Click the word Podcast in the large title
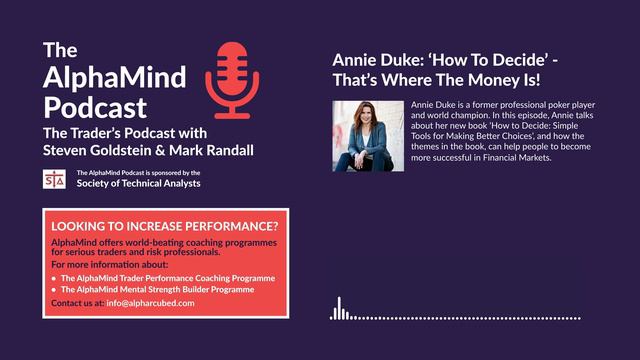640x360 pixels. (95, 106)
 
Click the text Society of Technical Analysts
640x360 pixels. (138, 183)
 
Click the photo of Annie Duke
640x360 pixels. (366, 136)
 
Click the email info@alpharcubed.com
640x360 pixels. (151, 302)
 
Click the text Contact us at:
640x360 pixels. (76, 302)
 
